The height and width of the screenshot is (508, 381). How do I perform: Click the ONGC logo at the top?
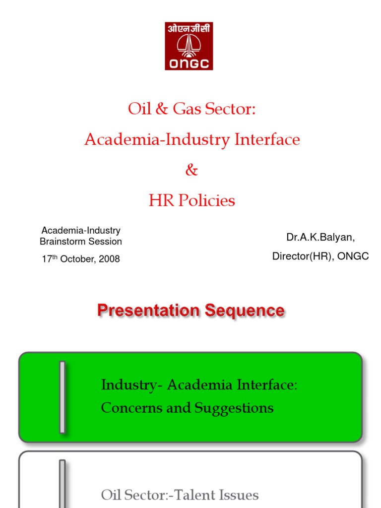tap(189, 46)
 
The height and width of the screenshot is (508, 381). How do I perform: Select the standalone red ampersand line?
tap(191, 170)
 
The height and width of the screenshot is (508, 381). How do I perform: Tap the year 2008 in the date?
tap(110, 259)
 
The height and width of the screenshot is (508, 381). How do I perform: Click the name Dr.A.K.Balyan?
tap(320, 237)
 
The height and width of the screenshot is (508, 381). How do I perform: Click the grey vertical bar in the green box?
tap(63, 397)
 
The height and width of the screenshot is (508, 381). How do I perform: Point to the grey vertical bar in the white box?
tap(63, 484)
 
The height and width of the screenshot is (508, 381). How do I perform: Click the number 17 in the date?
tap(47, 259)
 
